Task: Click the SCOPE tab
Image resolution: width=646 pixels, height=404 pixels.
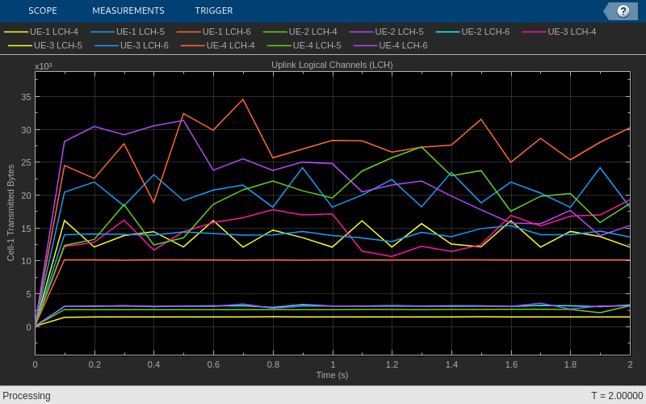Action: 43,11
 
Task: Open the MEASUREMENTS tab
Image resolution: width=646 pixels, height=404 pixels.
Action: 128,11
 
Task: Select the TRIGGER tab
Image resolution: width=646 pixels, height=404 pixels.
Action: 214,11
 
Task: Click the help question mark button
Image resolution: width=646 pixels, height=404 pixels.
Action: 623,11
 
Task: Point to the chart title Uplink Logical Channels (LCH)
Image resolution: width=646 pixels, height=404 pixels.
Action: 332,65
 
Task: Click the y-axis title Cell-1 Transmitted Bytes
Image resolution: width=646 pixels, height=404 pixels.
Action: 11,213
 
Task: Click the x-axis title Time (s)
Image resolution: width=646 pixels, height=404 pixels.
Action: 332,375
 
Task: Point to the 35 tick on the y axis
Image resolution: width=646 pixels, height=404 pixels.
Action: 26,97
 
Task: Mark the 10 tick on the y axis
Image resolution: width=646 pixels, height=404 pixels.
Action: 26,261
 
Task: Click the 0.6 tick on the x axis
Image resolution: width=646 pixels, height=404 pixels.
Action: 213,364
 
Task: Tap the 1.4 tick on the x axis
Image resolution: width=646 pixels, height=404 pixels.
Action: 451,364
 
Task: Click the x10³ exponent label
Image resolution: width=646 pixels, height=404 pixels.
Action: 44,66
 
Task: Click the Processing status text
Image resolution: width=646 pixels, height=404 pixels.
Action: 27,396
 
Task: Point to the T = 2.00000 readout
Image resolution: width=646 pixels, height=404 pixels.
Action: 617,396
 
